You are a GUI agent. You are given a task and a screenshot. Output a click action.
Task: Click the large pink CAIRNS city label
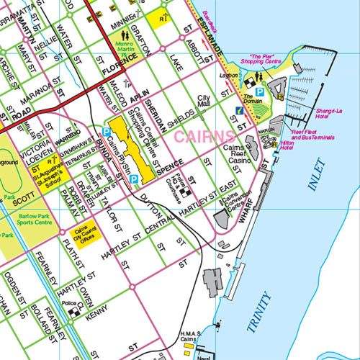pos(204,135)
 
